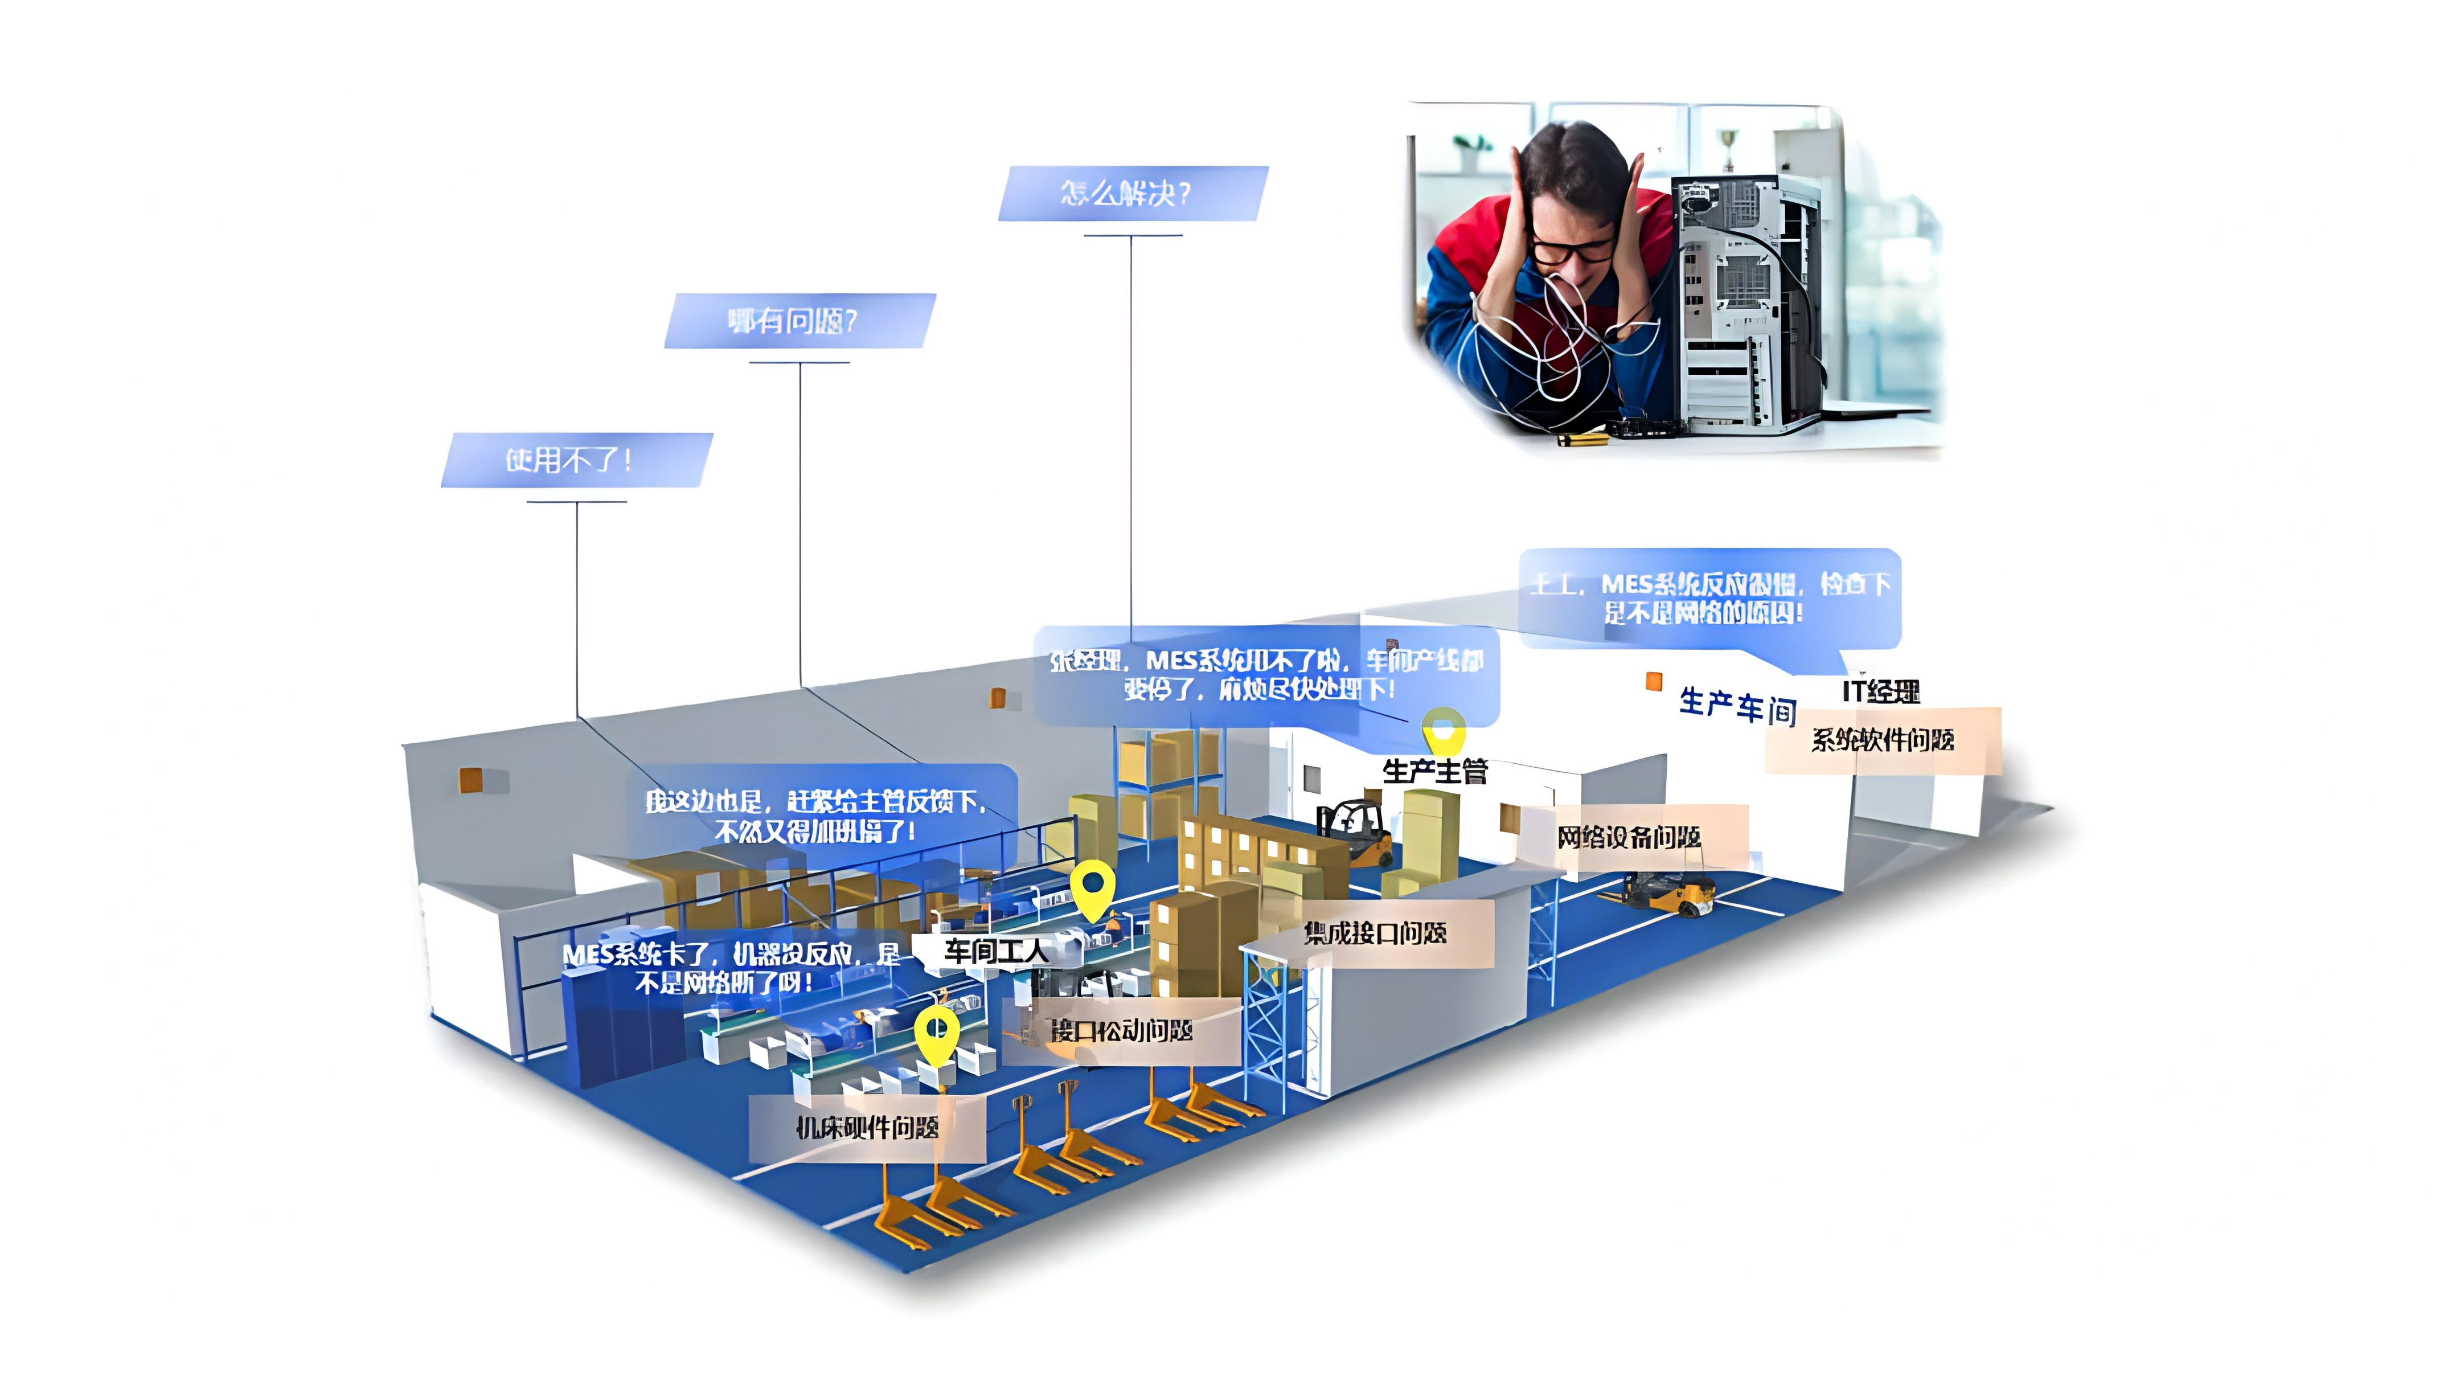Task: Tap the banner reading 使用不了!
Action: point(575,460)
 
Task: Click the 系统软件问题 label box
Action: point(1882,740)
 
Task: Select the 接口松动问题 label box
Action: point(1121,1031)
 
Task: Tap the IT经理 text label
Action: point(1880,691)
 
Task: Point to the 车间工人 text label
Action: point(995,950)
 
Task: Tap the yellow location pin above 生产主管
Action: point(1443,731)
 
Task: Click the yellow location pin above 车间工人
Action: point(1093,887)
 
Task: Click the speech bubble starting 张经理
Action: point(1266,675)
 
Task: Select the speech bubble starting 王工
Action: point(1709,599)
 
